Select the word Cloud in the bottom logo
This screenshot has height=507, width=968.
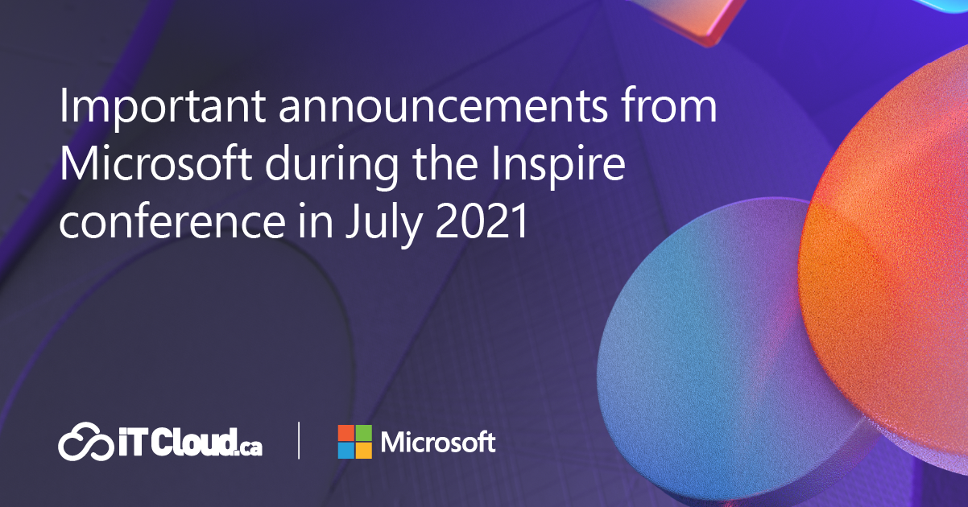(198, 442)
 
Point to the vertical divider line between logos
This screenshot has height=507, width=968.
(299, 441)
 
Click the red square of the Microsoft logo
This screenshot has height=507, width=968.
(345, 432)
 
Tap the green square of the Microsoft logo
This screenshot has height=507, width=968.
(364, 432)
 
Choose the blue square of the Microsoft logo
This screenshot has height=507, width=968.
(345, 451)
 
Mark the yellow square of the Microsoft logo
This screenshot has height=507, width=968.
(364, 451)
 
